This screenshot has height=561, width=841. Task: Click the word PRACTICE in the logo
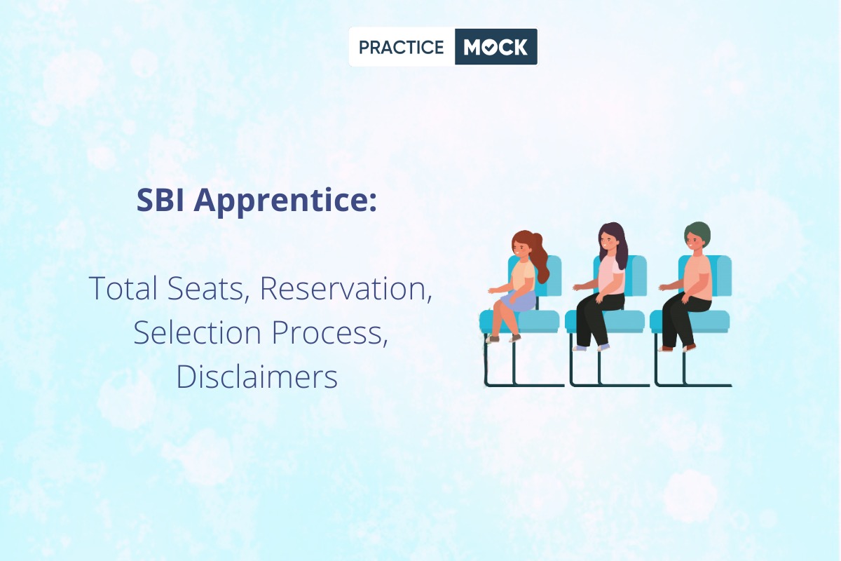click(x=402, y=48)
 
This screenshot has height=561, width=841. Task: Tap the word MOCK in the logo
click(x=495, y=48)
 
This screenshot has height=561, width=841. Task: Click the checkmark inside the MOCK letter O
click(x=491, y=48)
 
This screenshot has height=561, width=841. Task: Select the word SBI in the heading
click(x=160, y=200)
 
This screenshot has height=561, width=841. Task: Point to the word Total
click(x=123, y=288)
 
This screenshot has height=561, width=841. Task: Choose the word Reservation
click(x=346, y=289)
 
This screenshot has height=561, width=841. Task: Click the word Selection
click(x=198, y=332)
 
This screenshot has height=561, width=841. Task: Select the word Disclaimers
click(x=257, y=377)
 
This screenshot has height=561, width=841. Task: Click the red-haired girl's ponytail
click(x=540, y=257)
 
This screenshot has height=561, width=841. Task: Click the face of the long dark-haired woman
click(x=606, y=241)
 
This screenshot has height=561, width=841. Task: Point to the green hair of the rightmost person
click(x=697, y=233)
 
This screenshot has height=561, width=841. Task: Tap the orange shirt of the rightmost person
click(x=697, y=277)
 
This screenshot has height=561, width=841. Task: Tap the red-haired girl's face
click(x=520, y=248)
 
